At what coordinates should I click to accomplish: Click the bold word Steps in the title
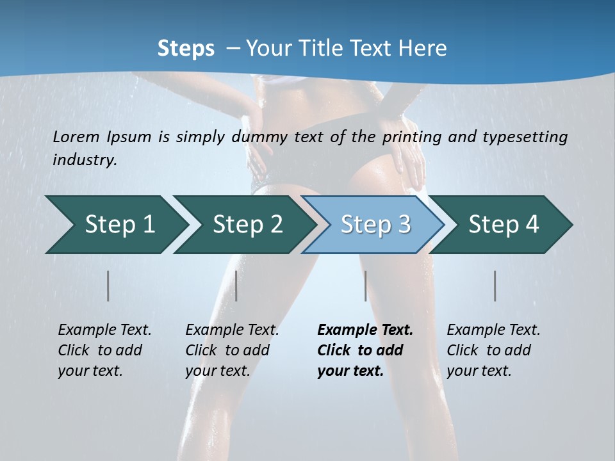[x=186, y=48]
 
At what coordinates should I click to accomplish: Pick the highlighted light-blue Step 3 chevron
[x=375, y=225]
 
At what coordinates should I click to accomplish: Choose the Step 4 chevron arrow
[x=504, y=225]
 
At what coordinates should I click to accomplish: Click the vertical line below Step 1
[x=108, y=286]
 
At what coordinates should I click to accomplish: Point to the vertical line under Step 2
[x=236, y=286]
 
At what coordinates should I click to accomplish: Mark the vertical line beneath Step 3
[x=366, y=286]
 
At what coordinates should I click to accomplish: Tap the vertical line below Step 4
[x=495, y=286]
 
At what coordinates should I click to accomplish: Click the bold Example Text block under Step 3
[x=365, y=350]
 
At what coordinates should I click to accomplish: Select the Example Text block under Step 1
[x=104, y=350]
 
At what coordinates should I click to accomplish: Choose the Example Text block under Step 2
[x=232, y=350]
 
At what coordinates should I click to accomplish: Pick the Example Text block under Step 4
[x=493, y=350]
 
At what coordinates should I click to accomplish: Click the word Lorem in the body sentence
[x=76, y=136]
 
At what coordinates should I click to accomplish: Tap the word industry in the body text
[x=85, y=159]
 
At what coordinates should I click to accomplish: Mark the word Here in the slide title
[x=422, y=48]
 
